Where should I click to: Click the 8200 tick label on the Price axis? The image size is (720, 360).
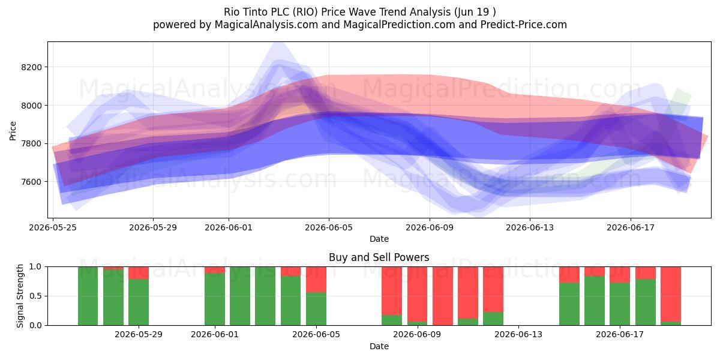[x=31, y=67]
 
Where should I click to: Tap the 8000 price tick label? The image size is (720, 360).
[x=31, y=106]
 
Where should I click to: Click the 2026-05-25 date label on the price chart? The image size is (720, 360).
[x=53, y=227]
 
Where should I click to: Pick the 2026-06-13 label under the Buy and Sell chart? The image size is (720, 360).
[x=518, y=335]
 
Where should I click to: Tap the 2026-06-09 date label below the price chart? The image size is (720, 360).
[x=430, y=227]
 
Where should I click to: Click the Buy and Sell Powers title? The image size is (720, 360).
[x=379, y=257]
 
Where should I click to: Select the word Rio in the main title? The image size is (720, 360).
[x=232, y=12]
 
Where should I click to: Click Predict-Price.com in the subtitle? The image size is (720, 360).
[x=524, y=25]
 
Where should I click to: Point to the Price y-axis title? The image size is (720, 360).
[x=13, y=131]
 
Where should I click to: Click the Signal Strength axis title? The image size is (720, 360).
[x=20, y=296]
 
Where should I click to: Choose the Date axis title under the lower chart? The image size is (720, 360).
[x=379, y=346]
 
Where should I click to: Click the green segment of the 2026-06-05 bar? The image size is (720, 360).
[x=316, y=308]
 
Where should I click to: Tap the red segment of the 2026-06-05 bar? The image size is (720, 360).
[x=316, y=280]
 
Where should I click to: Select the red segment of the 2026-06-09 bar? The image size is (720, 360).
[x=417, y=294]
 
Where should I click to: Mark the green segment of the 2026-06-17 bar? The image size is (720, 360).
[x=620, y=304]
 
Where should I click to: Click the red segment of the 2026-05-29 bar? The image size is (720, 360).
[x=139, y=273]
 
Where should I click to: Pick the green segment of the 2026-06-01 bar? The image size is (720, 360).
[x=215, y=299]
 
